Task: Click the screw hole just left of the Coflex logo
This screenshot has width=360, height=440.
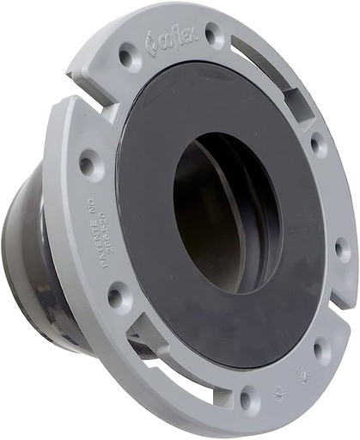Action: point(128,58)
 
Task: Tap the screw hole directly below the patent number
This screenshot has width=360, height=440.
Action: point(115,296)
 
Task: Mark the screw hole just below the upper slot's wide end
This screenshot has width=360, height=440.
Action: point(319,144)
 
